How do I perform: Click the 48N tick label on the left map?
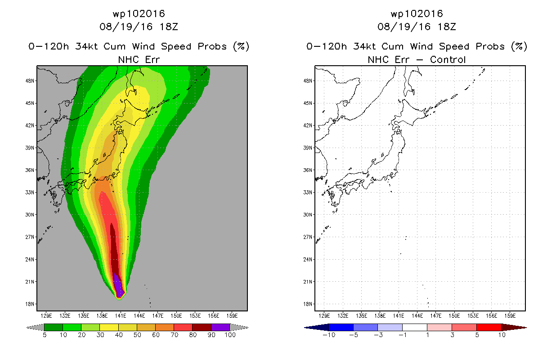[x=30, y=81]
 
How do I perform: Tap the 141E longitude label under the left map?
[x=121, y=316]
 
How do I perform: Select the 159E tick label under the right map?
[x=510, y=316]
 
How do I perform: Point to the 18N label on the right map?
[x=308, y=304]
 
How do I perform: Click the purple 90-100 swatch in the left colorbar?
[x=220, y=327]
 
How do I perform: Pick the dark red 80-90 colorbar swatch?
[x=202, y=327]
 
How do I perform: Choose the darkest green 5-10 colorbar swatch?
[x=54, y=327]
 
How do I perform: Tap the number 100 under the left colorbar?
[x=230, y=335]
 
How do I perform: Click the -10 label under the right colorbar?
[x=329, y=335]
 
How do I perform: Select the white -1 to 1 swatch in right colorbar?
[x=415, y=327]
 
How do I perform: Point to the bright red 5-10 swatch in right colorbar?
[x=489, y=327]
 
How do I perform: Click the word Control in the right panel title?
[x=448, y=60]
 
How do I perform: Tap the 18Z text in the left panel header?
[x=169, y=27]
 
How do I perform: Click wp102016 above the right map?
[x=417, y=14]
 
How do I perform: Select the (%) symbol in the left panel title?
[x=241, y=46]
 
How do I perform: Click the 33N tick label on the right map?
[x=308, y=193]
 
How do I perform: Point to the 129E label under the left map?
[x=46, y=316]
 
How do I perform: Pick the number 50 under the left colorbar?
[x=137, y=335]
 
